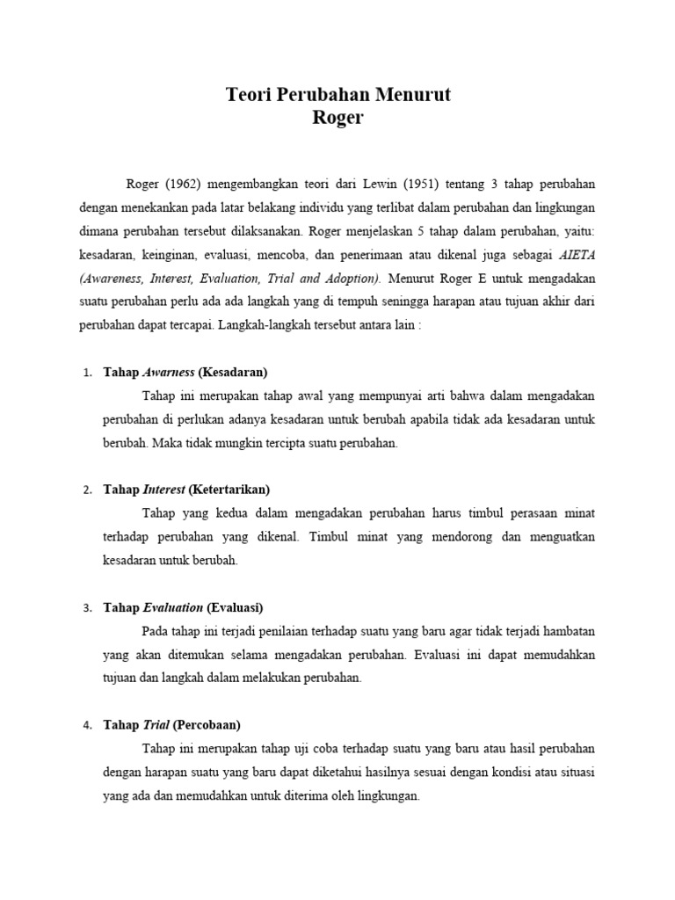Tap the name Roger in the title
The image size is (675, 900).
point(337,118)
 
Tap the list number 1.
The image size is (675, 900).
point(87,373)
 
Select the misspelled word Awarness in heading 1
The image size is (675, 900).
point(170,372)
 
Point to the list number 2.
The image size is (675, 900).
point(87,490)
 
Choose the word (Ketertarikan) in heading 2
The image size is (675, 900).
point(229,490)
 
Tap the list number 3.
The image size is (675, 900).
point(87,608)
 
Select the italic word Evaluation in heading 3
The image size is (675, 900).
point(173,607)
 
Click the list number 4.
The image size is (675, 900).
point(87,726)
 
